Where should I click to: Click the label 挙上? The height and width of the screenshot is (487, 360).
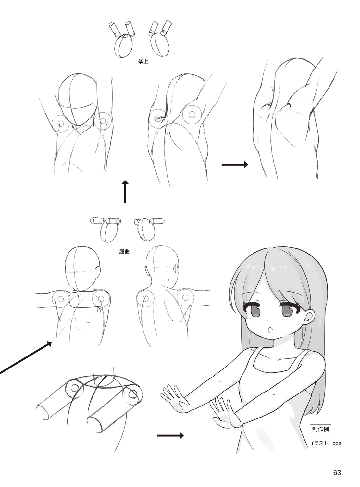tap(143, 61)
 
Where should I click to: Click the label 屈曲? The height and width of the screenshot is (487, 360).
tap(124, 252)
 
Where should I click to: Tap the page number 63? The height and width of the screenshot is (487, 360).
tap(337, 471)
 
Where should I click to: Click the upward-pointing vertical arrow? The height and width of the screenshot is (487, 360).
tap(125, 191)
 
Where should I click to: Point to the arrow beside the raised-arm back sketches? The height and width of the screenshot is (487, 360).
tap(235, 164)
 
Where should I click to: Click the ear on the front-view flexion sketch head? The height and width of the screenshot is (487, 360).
tap(98, 272)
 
